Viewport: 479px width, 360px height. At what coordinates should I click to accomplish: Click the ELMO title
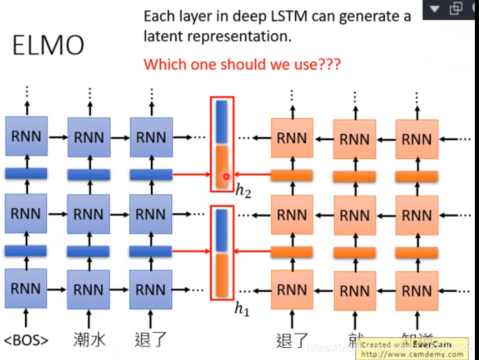(48, 45)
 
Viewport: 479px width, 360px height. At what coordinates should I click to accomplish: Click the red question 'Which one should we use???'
(242, 65)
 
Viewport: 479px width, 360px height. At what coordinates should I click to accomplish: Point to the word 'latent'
(164, 36)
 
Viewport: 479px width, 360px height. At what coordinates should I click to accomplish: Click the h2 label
(243, 192)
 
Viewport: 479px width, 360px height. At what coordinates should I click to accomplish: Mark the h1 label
(242, 310)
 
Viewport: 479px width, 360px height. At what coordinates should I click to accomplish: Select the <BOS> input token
(26, 339)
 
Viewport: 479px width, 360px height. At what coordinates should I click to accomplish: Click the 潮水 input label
(89, 339)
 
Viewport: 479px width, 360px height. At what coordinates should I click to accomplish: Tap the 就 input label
(355, 339)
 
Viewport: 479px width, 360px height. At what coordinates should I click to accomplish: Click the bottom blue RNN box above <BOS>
(26, 289)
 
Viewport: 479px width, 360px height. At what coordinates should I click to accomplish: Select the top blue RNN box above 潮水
(89, 137)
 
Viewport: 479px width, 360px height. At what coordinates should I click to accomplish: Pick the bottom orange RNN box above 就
(355, 290)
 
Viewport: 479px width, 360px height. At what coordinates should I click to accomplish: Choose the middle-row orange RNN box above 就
(355, 215)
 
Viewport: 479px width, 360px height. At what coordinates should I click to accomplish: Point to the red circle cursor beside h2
(227, 178)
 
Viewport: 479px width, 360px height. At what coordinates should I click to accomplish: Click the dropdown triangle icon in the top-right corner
(436, 9)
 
